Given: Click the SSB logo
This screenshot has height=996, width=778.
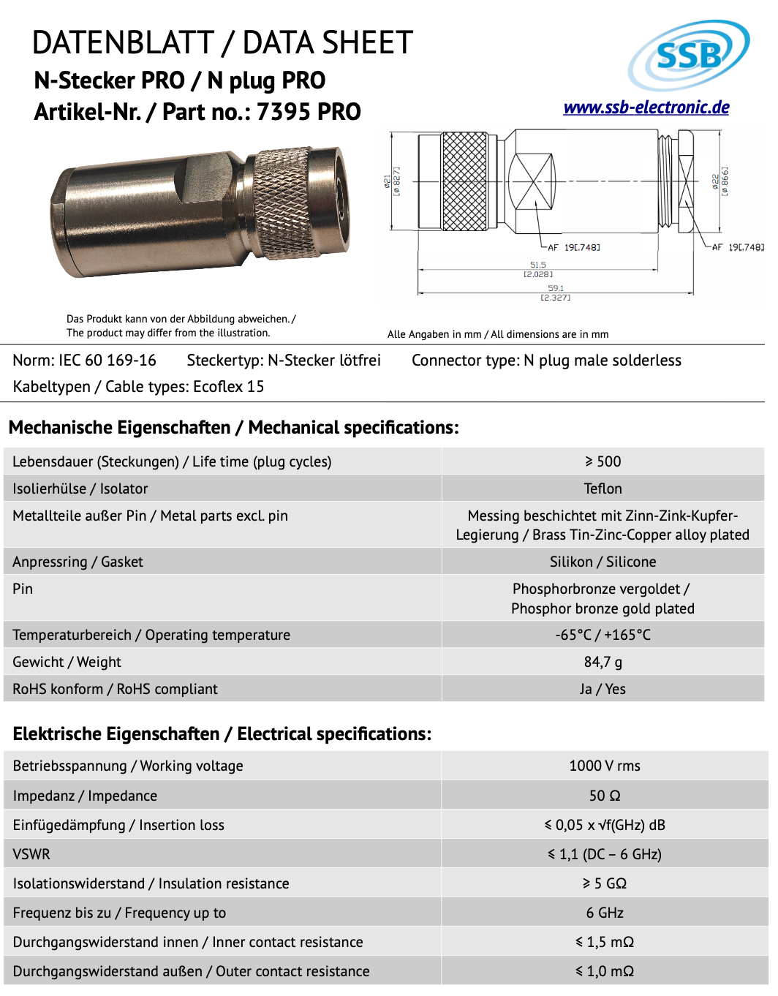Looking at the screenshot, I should point(688,54).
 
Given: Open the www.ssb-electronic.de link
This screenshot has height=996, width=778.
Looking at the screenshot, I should point(646,107).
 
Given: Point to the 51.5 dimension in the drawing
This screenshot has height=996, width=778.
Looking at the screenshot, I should point(538,265).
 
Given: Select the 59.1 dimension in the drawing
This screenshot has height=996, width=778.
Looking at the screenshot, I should point(556,288).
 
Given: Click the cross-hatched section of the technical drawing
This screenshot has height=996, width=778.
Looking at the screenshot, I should point(464,181).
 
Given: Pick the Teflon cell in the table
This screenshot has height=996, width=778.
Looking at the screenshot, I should point(603,488).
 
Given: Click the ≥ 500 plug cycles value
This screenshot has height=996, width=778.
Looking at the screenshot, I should point(603,461).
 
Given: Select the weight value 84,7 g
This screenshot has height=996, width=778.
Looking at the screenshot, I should point(603,662).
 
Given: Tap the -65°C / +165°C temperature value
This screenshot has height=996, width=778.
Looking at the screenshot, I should point(603,635).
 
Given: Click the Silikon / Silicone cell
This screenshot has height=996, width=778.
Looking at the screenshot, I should point(603,562).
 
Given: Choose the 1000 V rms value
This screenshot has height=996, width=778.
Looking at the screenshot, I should point(604,766).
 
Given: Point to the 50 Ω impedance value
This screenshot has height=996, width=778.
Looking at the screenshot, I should point(604,796).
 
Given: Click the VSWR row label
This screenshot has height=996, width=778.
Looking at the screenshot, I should point(31,854).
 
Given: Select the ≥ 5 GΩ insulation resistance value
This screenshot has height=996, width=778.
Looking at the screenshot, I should point(604,883).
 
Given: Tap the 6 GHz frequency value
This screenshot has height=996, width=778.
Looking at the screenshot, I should point(604,913).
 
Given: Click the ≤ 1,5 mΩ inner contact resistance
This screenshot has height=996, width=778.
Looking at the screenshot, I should point(604,942).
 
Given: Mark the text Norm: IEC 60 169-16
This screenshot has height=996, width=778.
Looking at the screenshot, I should point(85,361).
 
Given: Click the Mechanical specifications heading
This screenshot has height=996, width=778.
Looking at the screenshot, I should point(234,428).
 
